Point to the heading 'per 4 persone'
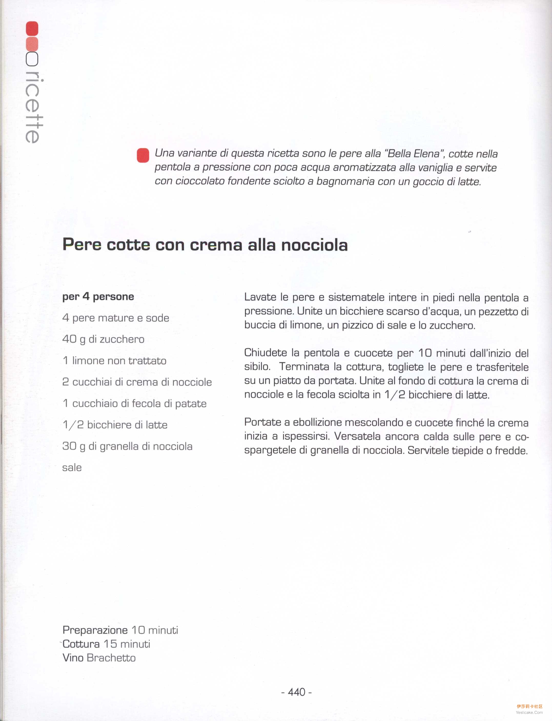(98, 296)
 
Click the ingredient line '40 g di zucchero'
(103, 339)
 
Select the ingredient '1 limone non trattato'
(114, 360)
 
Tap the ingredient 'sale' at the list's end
(72, 468)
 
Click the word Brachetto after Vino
(111, 658)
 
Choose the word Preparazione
(95, 630)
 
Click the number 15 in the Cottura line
(110, 644)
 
